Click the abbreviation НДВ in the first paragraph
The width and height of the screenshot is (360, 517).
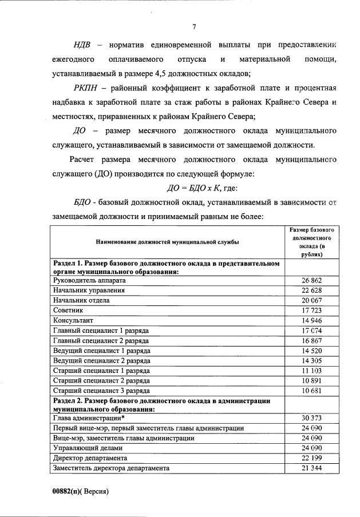(86, 44)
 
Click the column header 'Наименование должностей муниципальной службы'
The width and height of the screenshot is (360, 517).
(168, 242)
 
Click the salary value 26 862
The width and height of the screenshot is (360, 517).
(312, 281)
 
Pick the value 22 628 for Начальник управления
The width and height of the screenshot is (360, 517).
(312, 291)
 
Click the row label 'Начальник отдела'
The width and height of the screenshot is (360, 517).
(81, 300)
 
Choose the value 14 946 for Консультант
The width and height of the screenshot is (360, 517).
(312, 320)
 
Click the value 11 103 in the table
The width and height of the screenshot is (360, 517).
(312, 371)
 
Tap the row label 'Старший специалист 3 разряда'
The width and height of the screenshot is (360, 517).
(102, 390)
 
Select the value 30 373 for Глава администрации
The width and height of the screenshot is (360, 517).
(312, 419)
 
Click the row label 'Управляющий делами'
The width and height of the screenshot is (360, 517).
(86, 448)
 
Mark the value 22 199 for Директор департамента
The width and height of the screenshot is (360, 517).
(312, 458)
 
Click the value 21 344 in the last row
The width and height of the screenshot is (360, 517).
(312, 468)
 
